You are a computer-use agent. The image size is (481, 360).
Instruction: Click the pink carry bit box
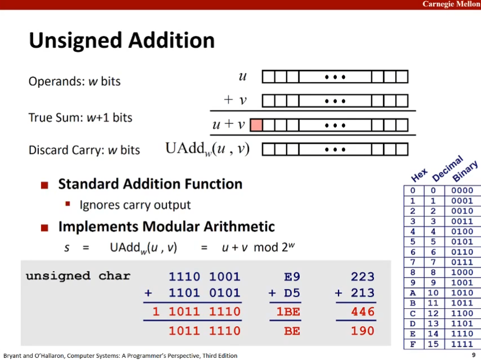click(256, 125)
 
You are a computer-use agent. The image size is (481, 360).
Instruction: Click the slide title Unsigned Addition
click(122, 41)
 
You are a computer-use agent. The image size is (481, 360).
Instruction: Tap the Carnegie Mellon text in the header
click(451, 4)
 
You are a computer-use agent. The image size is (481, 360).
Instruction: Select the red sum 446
click(363, 312)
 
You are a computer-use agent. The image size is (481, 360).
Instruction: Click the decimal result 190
click(363, 331)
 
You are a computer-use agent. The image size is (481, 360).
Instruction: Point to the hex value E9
click(292, 277)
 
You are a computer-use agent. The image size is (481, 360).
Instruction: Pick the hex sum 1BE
click(288, 312)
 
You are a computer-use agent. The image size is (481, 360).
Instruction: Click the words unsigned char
click(78, 276)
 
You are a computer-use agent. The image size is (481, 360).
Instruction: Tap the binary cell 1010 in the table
click(462, 293)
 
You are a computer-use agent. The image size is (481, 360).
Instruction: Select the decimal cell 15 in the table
click(433, 344)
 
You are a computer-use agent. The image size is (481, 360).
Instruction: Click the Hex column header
click(420, 175)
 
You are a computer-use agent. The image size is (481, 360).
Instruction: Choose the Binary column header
click(465, 171)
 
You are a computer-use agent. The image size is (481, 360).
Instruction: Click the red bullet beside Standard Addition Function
click(44, 185)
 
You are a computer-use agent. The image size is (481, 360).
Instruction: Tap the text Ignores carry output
click(135, 205)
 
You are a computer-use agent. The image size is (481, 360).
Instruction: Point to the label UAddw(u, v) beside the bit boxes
click(207, 149)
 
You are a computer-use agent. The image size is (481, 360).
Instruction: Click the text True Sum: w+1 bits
click(81, 118)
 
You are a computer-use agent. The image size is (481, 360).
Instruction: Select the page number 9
click(474, 355)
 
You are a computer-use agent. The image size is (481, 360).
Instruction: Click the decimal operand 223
click(363, 277)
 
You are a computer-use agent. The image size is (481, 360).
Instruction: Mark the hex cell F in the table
click(413, 344)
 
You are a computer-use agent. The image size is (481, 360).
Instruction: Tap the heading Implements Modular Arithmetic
click(167, 226)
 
